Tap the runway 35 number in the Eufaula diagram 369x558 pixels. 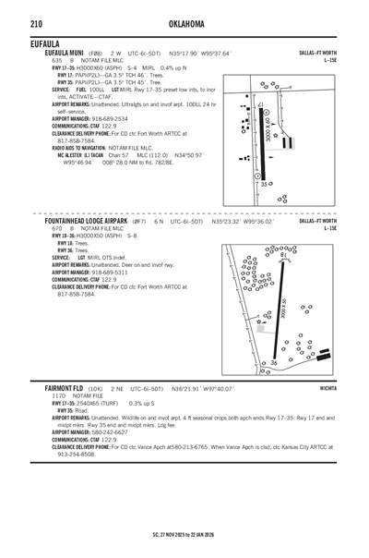pyautogui.click(x=264, y=184)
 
